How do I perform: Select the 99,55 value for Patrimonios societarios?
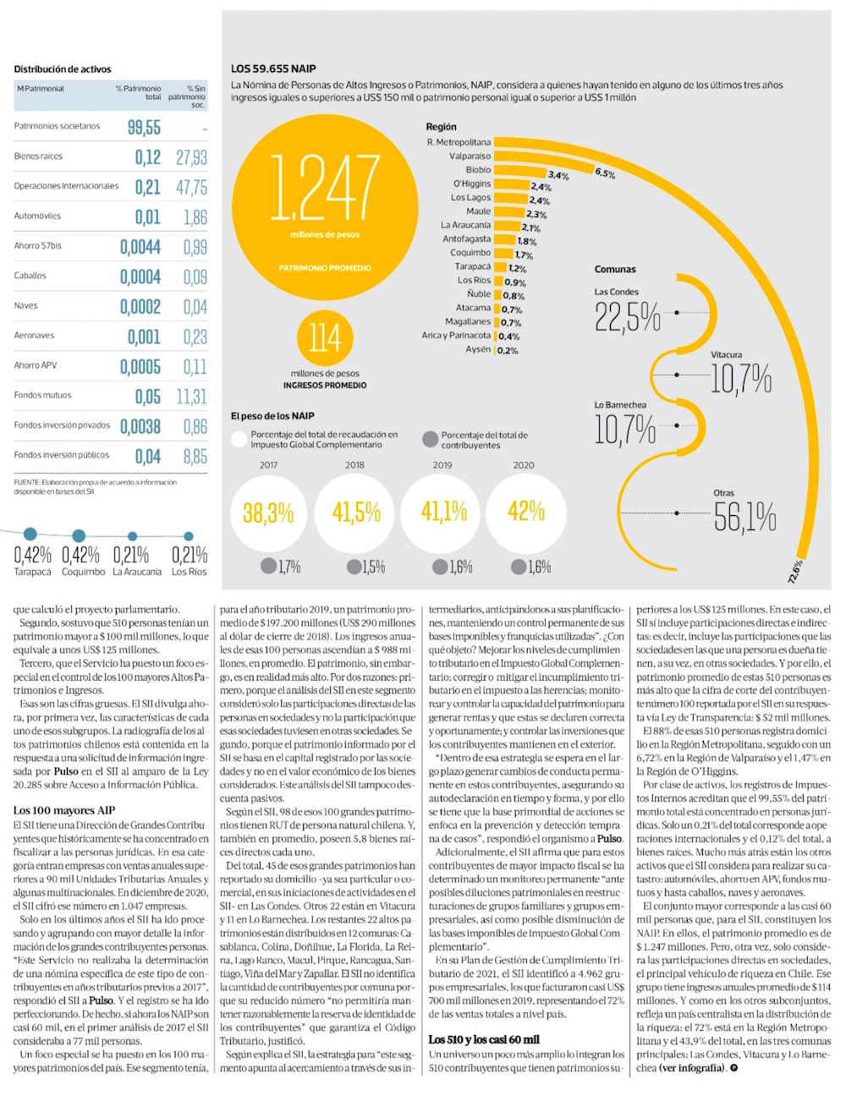pos(144,128)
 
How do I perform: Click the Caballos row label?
pos(30,276)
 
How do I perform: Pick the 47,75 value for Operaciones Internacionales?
pos(191,187)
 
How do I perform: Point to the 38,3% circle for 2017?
pos(268,512)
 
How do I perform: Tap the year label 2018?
pos(354,465)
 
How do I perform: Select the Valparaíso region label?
pos(470,156)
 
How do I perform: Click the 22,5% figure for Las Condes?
pos(627,317)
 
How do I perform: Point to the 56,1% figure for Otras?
pos(744,517)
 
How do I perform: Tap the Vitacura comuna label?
pos(726,355)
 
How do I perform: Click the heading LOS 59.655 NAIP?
pos(273,68)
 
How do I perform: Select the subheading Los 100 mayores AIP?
pos(64,810)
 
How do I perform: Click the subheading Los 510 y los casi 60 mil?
pos(484,1039)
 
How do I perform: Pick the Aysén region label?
pos(478,349)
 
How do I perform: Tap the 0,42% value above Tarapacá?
pos(32,556)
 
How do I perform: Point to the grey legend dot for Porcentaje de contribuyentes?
pos(430,440)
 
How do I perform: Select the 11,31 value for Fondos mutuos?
pos(191,397)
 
